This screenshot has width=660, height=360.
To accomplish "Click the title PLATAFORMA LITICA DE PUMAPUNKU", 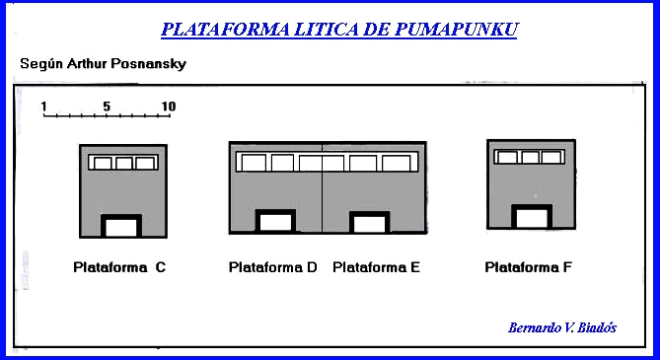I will [x=339, y=29].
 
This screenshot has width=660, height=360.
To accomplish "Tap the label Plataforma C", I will [x=119, y=266].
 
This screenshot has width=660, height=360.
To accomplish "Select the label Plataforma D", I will [x=273, y=266].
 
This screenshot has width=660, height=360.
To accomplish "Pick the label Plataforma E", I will [x=377, y=266].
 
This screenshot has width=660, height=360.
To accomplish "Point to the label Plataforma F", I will [x=529, y=266].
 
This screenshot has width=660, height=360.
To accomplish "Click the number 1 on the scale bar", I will [x=44, y=106].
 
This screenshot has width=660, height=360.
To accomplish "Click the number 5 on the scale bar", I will [x=106, y=106].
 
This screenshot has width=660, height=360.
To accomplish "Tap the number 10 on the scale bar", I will [x=168, y=106].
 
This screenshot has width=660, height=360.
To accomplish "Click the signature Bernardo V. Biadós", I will [x=561, y=327].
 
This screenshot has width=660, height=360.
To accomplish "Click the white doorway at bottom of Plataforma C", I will [x=121, y=227].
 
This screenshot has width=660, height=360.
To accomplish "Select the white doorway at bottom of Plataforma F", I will [x=531, y=219].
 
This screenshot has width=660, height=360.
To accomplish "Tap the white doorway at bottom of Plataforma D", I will [x=275, y=223].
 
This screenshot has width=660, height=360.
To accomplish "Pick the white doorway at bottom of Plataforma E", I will [x=370, y=224].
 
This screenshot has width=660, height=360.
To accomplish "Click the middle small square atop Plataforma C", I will [x=123, y=163].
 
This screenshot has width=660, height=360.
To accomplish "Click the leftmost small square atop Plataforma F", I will [x=506, y=157].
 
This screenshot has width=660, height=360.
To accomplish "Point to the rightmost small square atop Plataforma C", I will [x=145, y=163].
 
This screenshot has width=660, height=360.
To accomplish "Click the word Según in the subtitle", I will [x=40, y=64].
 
